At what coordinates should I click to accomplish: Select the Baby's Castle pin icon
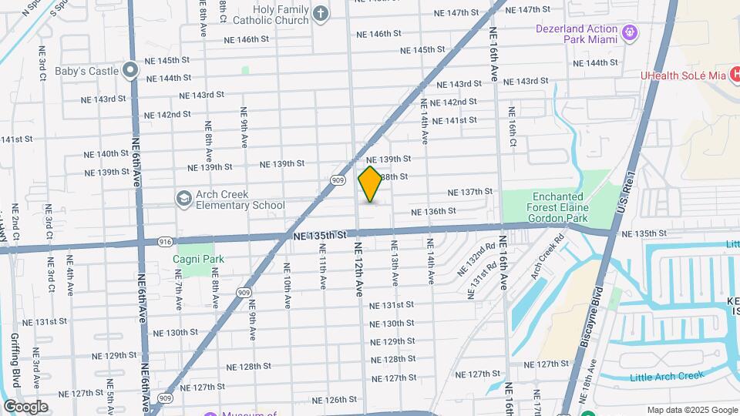coord(130,71)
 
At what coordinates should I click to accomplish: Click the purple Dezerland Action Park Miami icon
coord(631,32)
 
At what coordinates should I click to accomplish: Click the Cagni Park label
coord(198,259)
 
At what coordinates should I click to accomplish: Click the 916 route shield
coord(166,242)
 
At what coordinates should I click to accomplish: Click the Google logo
coord(25,406)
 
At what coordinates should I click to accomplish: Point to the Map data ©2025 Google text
coord(692,410)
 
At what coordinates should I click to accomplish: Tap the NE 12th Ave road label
coord(358,269)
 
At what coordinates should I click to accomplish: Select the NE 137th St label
coord(470,192)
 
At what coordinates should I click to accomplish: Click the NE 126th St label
coord(335,400)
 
